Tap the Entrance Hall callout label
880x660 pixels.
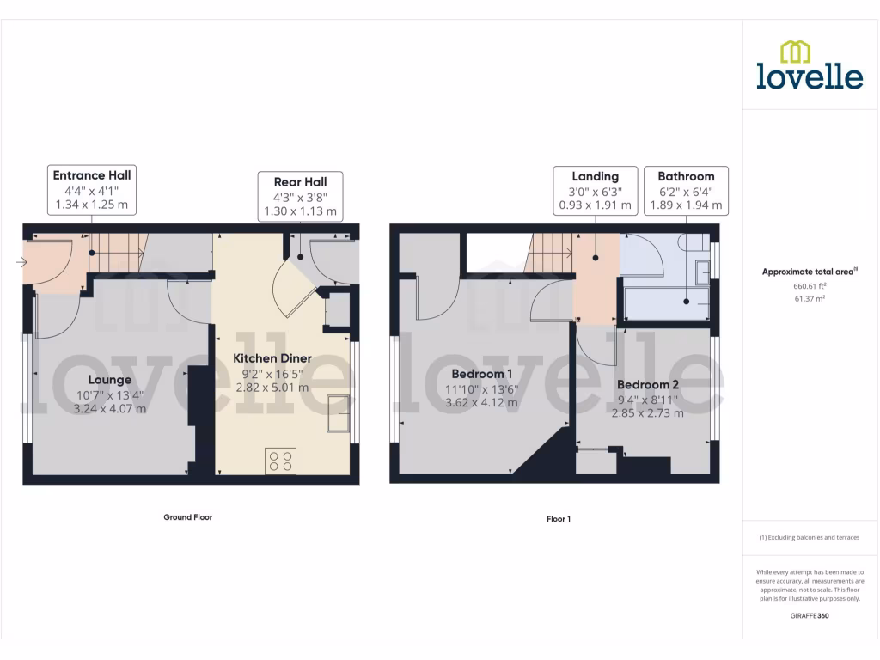[x=92, y=190]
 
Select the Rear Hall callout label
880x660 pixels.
[x=301, y=196]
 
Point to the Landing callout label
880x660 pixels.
[x=596, y=191]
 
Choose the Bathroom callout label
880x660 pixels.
[x=686, y=191]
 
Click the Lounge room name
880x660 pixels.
[x=110, y=379]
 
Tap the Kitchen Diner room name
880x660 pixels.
[x=272, y=357]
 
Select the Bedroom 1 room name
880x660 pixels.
[x=481, y=374]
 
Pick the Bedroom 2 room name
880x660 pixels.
[x=647, y=384]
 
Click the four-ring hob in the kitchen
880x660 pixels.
[x=279, y=461]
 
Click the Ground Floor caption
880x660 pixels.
[x=187, y=517]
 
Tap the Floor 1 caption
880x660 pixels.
[x=559, y=519]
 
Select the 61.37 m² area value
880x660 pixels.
[x=810, y=298]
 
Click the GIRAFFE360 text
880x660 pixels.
[x=810, y=616]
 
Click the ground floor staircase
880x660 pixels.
[x=118, y=254]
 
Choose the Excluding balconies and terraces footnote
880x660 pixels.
[x=810, y=538]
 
